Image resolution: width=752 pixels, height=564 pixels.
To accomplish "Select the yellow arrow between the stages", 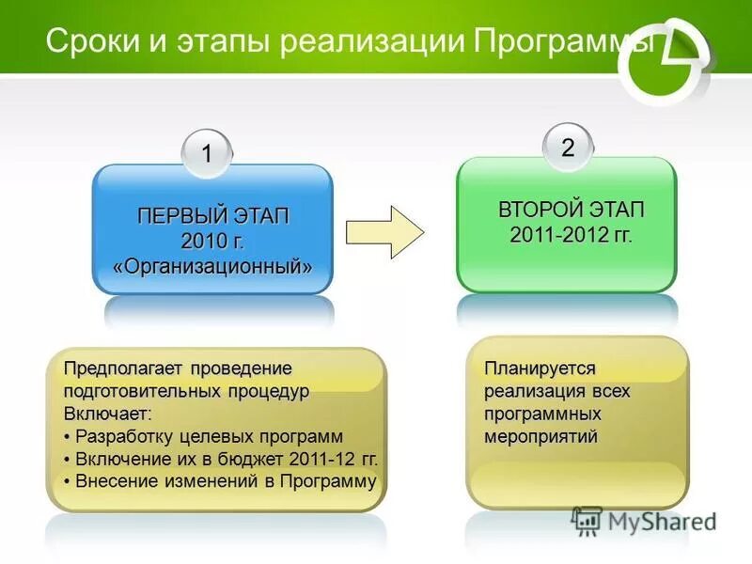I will pos(384,231).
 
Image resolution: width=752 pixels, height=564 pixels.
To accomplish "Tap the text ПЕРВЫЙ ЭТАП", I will pos(213,216).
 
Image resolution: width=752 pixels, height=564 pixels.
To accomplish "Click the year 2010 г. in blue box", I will pos(212,241).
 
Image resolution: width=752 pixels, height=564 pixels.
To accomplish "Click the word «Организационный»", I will pos(212,266).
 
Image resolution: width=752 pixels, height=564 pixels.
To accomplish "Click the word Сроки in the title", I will pos(86,41).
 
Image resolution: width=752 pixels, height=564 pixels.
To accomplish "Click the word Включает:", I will pos(107,414).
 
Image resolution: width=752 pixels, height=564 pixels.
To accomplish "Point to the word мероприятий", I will pos(540,437).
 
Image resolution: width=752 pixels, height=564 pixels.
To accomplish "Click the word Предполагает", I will pos(121,368).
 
